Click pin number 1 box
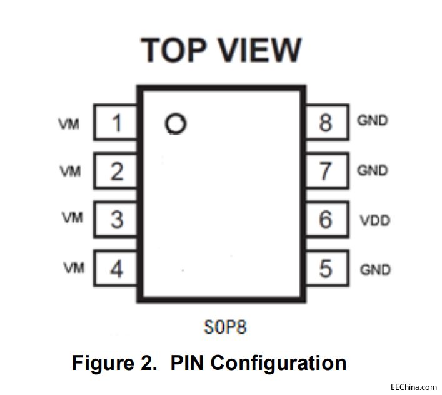coord(116,122)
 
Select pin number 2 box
coord(116,171)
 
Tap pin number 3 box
coord(116,220)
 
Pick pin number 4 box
coord(116,269)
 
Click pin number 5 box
coord(326,269)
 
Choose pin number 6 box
coord(326,220)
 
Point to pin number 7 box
coord(326,171)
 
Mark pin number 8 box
coord(326,122)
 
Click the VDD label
coord(375,220)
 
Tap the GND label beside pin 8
coord(373,120)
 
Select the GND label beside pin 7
coord(373,170)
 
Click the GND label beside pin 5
coord(375,270)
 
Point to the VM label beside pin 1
coord(69,124)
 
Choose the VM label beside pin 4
coord(73,269)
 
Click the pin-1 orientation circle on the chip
coord(176,124)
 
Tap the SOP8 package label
coord(221,326)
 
